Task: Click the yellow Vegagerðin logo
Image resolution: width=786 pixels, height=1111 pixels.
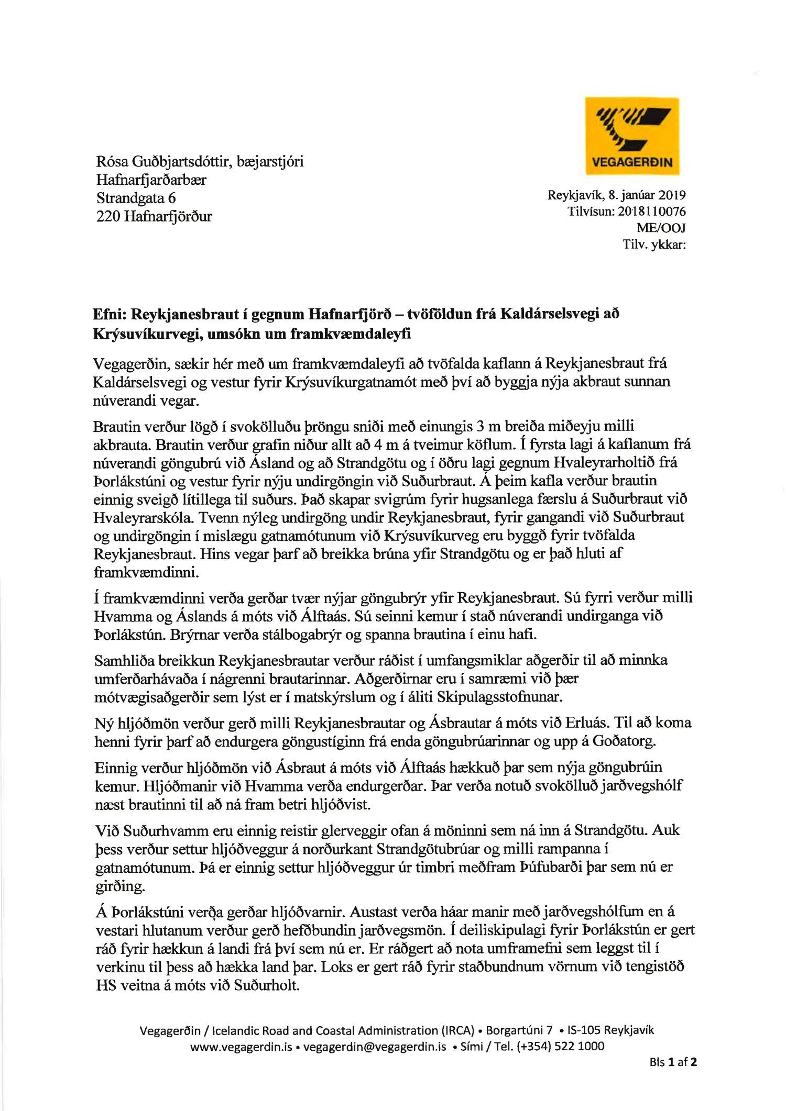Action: point(632,136)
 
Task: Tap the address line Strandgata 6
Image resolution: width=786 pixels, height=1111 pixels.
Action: point(136,198)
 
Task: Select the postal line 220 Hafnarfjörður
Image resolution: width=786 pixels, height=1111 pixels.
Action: point(154,216)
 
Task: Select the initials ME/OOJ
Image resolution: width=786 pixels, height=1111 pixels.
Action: point(661,228)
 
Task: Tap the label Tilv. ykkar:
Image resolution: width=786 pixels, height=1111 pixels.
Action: point(654,244)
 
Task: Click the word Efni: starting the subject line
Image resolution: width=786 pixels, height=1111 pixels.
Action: point(109,314)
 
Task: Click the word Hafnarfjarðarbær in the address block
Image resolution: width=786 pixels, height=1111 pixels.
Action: point(151,180)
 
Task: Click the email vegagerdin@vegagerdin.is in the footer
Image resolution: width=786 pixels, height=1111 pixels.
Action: point(375,1046)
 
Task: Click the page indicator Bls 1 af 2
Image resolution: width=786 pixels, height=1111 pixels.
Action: point(673,1062)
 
